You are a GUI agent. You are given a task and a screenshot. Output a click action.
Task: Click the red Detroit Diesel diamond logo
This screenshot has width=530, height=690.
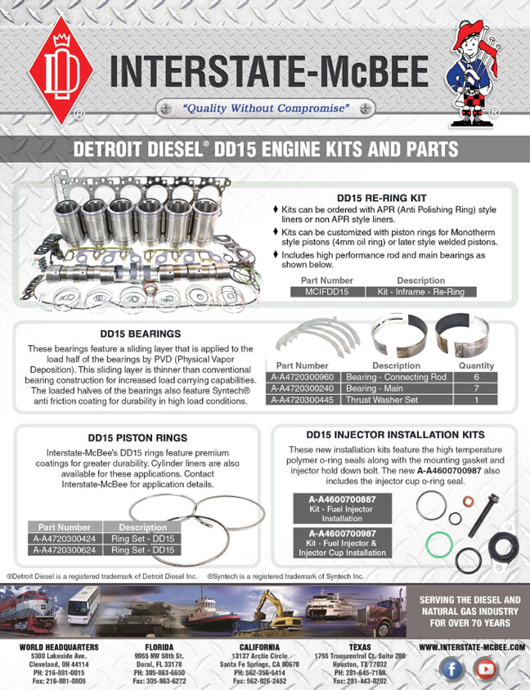[x=61, y=70]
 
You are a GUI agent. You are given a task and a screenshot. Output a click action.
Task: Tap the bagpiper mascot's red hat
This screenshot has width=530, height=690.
[x=469, y=32]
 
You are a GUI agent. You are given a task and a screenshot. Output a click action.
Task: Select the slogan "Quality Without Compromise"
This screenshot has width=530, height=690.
[x=266, y=108]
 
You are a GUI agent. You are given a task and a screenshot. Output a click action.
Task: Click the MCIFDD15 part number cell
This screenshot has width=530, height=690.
[x=327, y=291]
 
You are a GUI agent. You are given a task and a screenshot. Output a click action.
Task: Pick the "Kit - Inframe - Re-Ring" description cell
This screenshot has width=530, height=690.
[x=421, y=291]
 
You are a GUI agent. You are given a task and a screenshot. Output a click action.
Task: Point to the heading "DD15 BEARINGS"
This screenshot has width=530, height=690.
[x=141, y=334]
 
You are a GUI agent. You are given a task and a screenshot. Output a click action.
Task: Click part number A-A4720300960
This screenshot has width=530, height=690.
[x=303, y=377]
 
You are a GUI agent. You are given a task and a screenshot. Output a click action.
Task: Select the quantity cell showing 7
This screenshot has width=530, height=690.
[x=476, y=388]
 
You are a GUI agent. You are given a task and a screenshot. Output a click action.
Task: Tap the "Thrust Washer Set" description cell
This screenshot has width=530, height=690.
[x=396, y=400]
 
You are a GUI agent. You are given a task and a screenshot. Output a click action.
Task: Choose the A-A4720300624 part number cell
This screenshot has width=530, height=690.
[x=65, y=550]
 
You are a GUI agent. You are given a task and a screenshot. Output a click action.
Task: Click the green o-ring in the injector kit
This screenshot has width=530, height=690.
[x=439, y=544]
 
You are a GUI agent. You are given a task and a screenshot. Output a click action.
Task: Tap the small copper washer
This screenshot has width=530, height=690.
[x=468, y=501]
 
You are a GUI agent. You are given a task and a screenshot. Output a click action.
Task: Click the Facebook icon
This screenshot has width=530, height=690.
[x=451, y=670]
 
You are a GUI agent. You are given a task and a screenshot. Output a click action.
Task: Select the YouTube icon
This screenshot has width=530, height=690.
[x=485, y=670]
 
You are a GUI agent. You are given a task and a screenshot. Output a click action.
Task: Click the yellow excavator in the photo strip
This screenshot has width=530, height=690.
[x=276, y=610]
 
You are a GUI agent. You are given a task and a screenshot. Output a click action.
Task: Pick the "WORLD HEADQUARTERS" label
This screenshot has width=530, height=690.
[x=59, y=647]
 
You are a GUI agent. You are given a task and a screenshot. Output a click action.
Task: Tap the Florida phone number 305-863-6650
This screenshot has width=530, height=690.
[x=159, y=673]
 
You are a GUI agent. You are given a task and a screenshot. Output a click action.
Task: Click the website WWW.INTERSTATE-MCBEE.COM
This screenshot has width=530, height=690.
[x=472, y=647]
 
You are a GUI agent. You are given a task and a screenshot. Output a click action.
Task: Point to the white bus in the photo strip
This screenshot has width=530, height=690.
[x=83, y=605]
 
